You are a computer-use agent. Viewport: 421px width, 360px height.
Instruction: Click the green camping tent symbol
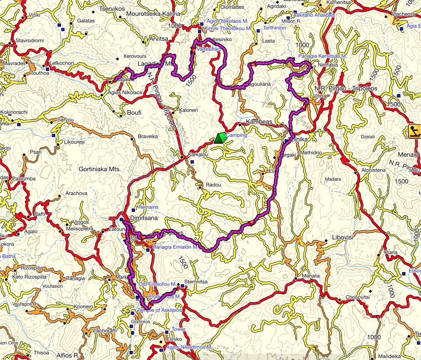coord(220,138)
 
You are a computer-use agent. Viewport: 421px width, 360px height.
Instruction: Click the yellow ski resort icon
coord(414,131)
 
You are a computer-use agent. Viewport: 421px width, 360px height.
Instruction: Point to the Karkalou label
coord(197,155)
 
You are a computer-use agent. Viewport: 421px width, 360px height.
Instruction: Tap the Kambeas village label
coord(259,122)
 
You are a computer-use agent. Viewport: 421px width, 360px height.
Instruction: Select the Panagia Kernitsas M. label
coord(322,56)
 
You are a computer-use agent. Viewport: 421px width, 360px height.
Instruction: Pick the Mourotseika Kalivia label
coord(153,14)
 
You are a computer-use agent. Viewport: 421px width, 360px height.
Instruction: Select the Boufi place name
coord(134,113)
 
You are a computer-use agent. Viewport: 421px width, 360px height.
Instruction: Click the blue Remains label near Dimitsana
coord(148,207)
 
